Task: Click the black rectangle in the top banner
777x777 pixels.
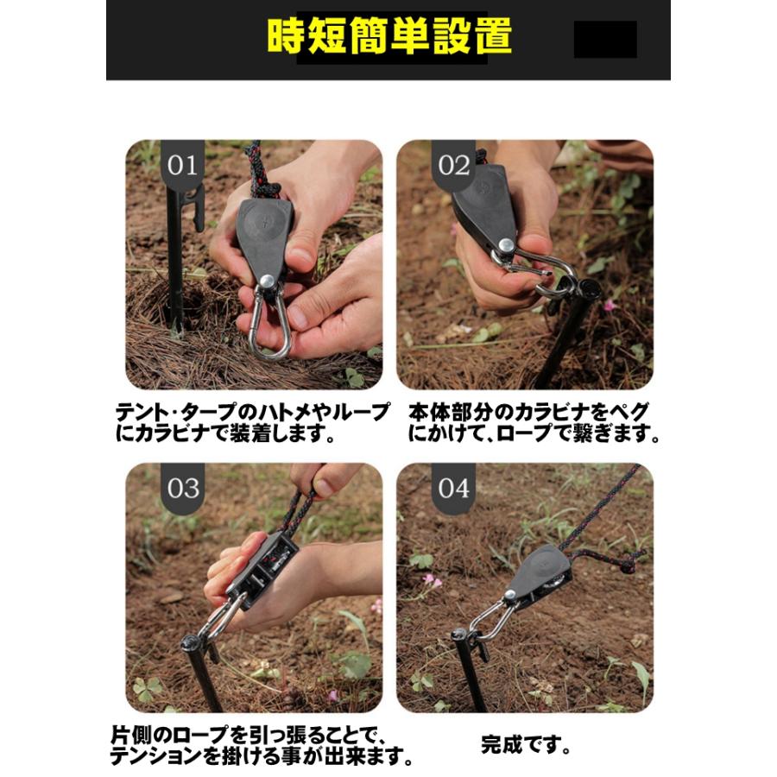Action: (x=604, y=39)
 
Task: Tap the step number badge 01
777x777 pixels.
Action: (x=182, y=165)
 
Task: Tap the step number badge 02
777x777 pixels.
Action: (x=453, y=165)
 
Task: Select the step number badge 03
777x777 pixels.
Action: (x=182, y=489)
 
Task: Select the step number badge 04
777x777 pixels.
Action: (x=453, y=489)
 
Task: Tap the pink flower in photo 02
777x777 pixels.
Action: (x=610, y=306)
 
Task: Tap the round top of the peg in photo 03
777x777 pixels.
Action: (x=191, y=642)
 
